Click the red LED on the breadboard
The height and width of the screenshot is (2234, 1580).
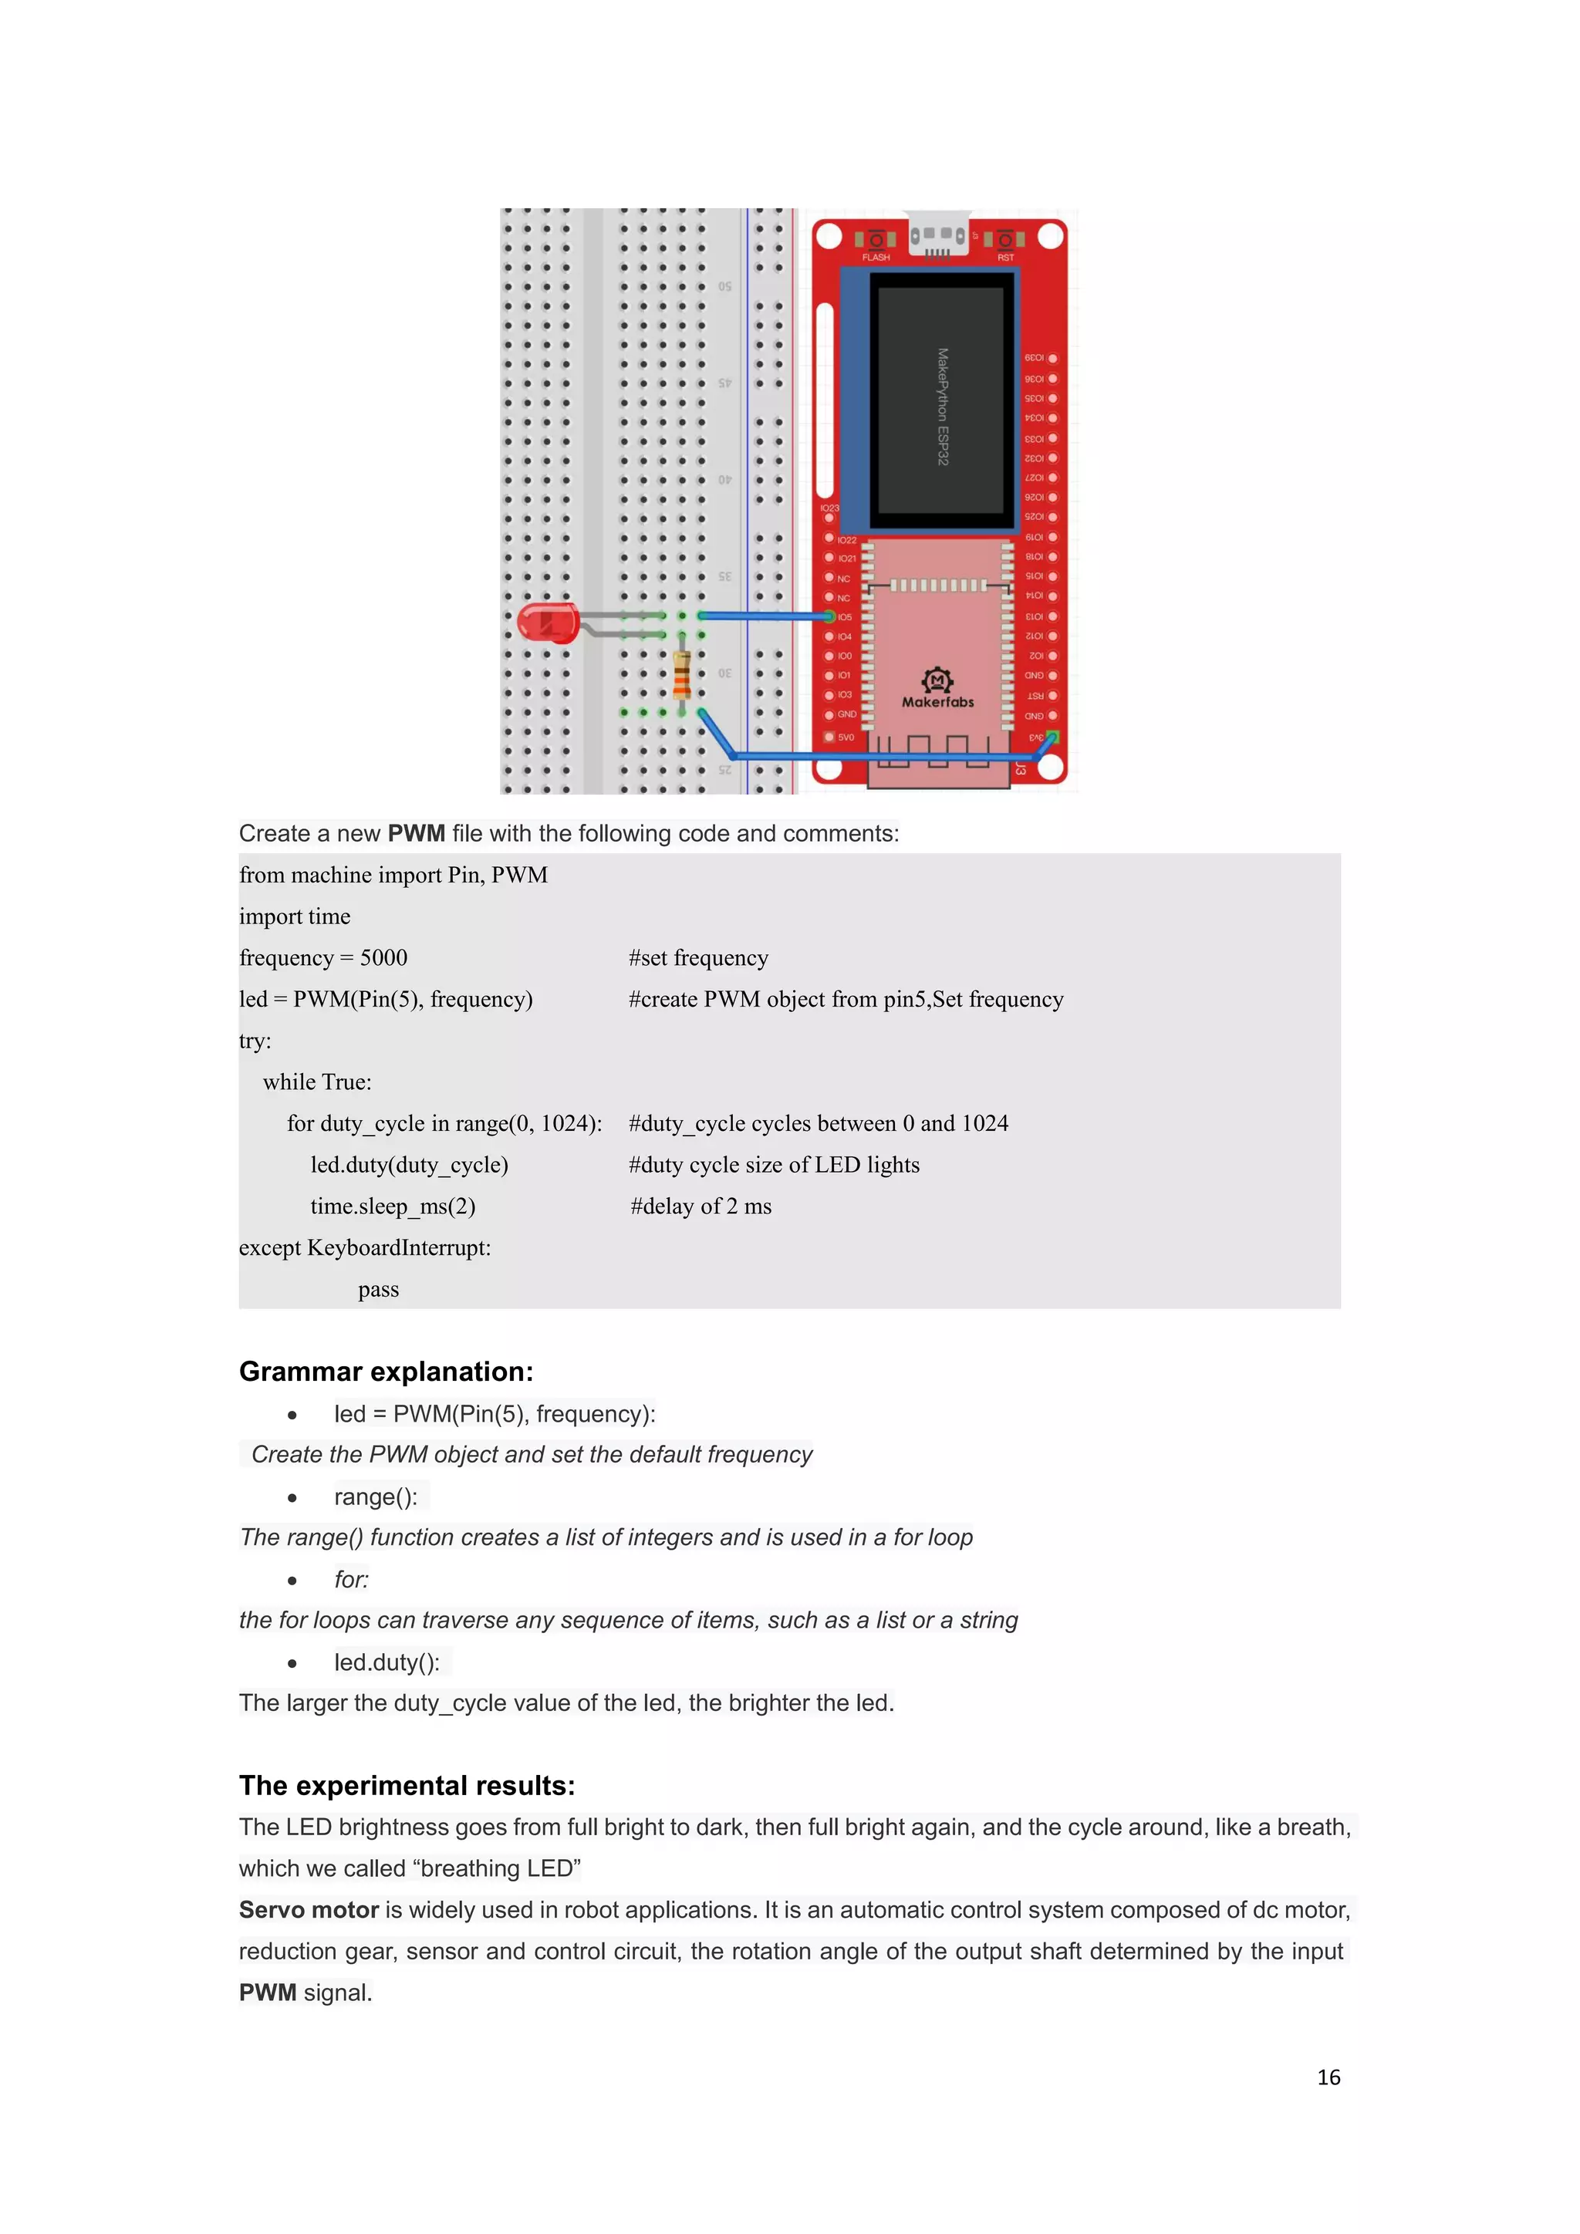pos(547,623)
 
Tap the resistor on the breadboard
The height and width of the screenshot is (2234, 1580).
pos(682,674)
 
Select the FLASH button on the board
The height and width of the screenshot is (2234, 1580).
pos(876,239)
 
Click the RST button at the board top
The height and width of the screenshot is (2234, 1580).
pos(1005,239)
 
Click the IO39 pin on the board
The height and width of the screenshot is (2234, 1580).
pos(1052,358)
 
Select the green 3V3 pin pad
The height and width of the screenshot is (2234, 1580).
pos(1052,737)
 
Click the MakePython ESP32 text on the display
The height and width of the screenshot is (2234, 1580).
pos(942,407)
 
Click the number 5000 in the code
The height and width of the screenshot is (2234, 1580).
pos(383,957)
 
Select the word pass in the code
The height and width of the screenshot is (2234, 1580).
pos(379,1289)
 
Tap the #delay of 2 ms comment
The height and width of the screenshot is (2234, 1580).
pos(701,1206)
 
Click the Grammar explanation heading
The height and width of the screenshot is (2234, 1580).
pos(387,1371)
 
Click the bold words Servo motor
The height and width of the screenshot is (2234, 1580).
pos(309,1910)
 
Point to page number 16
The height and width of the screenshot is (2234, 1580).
pos(1328,2077)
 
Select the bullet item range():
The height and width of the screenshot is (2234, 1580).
pos(376,1497)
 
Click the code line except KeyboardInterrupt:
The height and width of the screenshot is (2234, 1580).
pos(365,1247)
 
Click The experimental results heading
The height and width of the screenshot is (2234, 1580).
pos(407,1786)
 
